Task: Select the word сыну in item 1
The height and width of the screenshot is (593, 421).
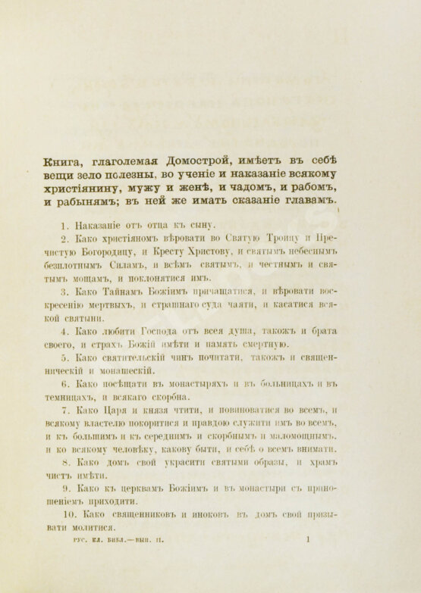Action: tap(203, 226)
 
